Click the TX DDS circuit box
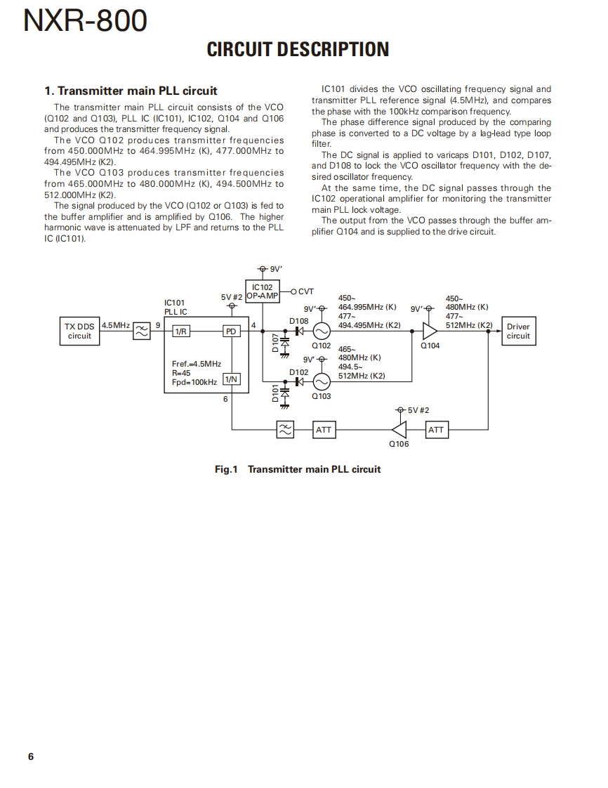[79, 331]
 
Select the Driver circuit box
[518, 331]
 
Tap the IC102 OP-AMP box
[262, 291]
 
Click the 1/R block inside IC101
[181, 331]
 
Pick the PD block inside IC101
[230, 331]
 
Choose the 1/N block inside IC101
[230, 380]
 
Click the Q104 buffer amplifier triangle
[429, 331]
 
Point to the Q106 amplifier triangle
[399, 429]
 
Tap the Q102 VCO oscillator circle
[321, 331]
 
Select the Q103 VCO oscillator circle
[321, 381]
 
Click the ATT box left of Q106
[324, 430]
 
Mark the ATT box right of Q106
[436, 430]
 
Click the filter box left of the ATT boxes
[285, 430]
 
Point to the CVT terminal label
[305, 291]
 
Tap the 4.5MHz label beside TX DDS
[115, 325]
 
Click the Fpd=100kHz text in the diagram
[194, 382]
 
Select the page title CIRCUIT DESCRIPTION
[298, 49]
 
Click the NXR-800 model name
[86, 21]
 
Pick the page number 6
[31, 756]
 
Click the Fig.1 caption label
[227, 469]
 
